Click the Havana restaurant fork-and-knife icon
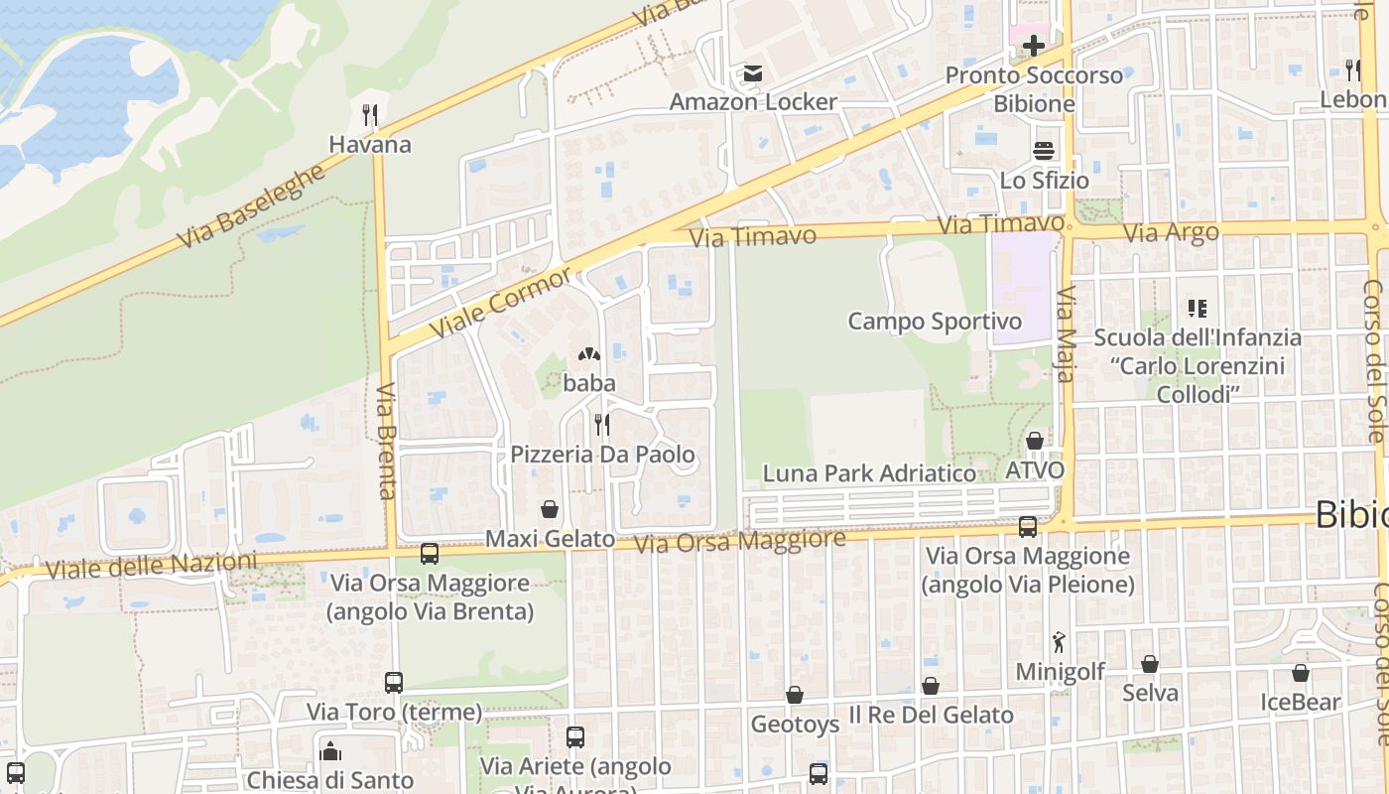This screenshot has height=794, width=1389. [x=370, y=115]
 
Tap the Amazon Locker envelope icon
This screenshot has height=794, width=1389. [x=752, y=73]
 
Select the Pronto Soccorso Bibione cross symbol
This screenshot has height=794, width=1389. [x=1034, y=46]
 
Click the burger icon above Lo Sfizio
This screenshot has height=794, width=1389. [x=1044, y=151]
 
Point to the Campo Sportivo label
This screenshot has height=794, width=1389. [x=934, y=322]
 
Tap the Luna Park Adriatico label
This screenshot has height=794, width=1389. [x=868, y=473]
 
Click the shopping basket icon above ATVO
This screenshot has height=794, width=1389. [x=1035, y=441]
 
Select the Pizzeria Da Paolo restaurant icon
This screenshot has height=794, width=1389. [x=601, y=425]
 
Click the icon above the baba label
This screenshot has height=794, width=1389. [x=588, y=354]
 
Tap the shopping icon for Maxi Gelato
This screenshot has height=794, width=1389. [x=549, y=510]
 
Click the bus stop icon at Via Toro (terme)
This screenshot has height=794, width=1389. [x=394, y=683]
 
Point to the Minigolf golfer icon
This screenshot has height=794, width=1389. [x=1059, y=642]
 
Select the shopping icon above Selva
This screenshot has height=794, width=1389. [x=1150, y=664]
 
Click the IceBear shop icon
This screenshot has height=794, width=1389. [x=1300, y=674]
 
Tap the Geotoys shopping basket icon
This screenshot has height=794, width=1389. [x=794, y=695]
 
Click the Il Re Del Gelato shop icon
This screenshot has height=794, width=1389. [x=930, y=686]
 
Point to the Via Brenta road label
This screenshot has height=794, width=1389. [x=387, y=441]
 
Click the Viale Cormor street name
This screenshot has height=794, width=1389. [x=501, y=302]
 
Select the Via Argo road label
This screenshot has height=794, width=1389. [x=1171, y=233]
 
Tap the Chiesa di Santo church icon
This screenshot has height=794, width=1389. [x=330, y=751]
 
